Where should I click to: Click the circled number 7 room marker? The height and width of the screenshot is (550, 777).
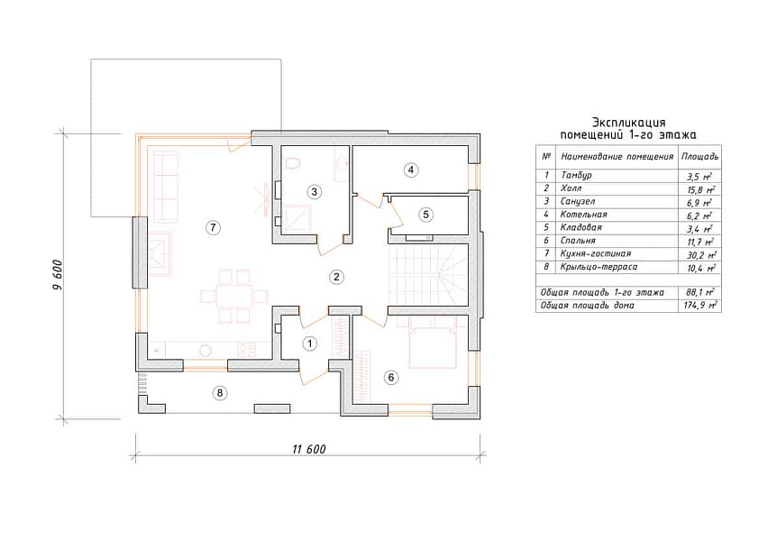213,227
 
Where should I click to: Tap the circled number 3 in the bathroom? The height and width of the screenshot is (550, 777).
314,191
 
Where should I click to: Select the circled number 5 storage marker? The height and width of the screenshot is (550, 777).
425,215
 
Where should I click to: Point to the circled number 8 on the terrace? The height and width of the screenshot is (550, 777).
220,393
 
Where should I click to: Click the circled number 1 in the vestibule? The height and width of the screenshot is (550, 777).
310,344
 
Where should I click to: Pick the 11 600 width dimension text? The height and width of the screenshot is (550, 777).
309,449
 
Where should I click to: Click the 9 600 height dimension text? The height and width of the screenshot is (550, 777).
58,274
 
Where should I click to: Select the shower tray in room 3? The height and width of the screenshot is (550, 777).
297,218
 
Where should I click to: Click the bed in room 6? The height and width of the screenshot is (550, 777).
433,343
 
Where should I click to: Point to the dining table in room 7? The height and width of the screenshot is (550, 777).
234,297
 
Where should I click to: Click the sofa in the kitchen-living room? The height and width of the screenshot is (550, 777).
166,188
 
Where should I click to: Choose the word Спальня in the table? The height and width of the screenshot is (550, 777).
577,241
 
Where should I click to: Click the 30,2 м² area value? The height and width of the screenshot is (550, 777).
699,254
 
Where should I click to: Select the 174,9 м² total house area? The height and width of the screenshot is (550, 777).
700,306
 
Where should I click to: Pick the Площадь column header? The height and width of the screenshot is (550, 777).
699,157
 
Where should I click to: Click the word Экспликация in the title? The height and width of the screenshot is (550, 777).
628,122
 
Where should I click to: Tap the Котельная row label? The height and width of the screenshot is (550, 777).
583,215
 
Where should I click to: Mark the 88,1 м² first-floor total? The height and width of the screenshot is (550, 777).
700,292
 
